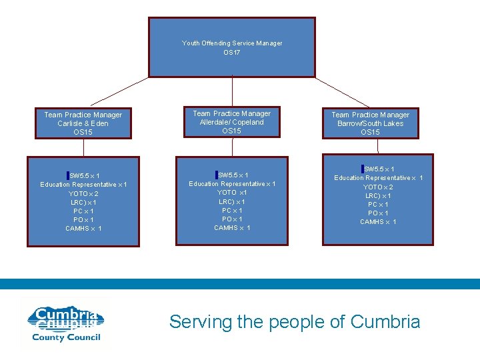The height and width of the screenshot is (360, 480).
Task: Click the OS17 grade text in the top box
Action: tap(231, 53)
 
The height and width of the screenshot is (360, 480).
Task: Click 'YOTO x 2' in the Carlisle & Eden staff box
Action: tap(83, 194)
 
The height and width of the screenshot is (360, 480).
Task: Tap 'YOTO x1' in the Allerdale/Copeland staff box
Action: tap(232, 193)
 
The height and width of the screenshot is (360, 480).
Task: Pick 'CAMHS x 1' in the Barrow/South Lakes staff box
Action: tap(379, 222)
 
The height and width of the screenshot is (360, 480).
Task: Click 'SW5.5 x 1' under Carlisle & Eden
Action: tap(85, 176)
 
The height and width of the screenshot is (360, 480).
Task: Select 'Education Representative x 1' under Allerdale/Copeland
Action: tap(232, 184)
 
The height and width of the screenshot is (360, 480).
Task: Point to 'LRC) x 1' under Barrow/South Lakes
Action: tap(379, 196)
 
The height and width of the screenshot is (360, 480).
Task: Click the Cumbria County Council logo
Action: tap(65, 323)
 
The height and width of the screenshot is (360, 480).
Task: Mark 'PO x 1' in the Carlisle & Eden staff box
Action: tap(83, 220)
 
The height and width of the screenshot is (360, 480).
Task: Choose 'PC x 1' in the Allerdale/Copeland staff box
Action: tap(232, 211)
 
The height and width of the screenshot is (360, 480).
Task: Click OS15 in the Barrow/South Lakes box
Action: tap(370, 132)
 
